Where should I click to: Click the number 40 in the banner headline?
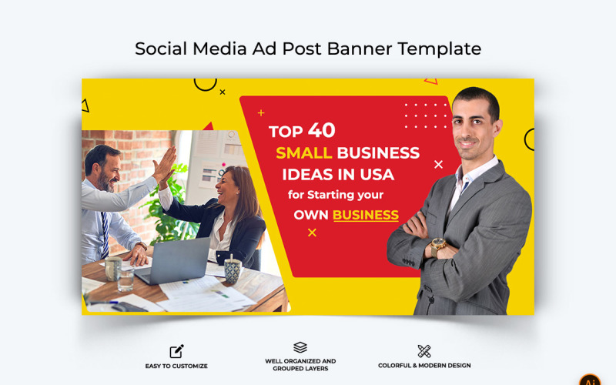point(321,130)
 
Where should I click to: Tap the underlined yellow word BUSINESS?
point(365,215)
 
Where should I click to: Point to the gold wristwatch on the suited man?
point(438,246)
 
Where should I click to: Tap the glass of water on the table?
point(126,278)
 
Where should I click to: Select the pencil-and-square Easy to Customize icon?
point(176,351)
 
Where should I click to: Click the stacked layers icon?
point(300,347)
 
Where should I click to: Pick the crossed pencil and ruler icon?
point(424,351)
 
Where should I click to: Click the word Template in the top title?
point(439,49)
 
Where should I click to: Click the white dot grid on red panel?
point(425,115)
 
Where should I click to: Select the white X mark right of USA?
point(438,164)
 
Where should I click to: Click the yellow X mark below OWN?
point(312,233)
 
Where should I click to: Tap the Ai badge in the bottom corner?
point(589,380)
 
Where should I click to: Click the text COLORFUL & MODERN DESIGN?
point(424,366)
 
